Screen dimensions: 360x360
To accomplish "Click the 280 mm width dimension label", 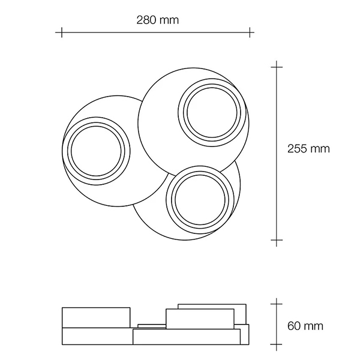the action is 157,20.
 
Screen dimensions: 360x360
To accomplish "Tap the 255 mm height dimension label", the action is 308,149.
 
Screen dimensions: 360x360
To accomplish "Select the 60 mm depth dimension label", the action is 305,326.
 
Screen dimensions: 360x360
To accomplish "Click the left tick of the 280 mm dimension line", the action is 62,32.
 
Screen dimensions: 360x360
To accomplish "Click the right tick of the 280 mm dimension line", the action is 250,32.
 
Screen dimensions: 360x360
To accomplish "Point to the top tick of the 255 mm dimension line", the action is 277,67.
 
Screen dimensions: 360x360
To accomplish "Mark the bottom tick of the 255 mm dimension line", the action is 277,240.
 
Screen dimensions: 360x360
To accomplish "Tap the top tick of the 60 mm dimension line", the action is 277,304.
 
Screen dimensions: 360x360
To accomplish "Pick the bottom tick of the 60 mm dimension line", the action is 277,344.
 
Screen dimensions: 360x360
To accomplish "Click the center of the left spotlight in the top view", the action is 96,151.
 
